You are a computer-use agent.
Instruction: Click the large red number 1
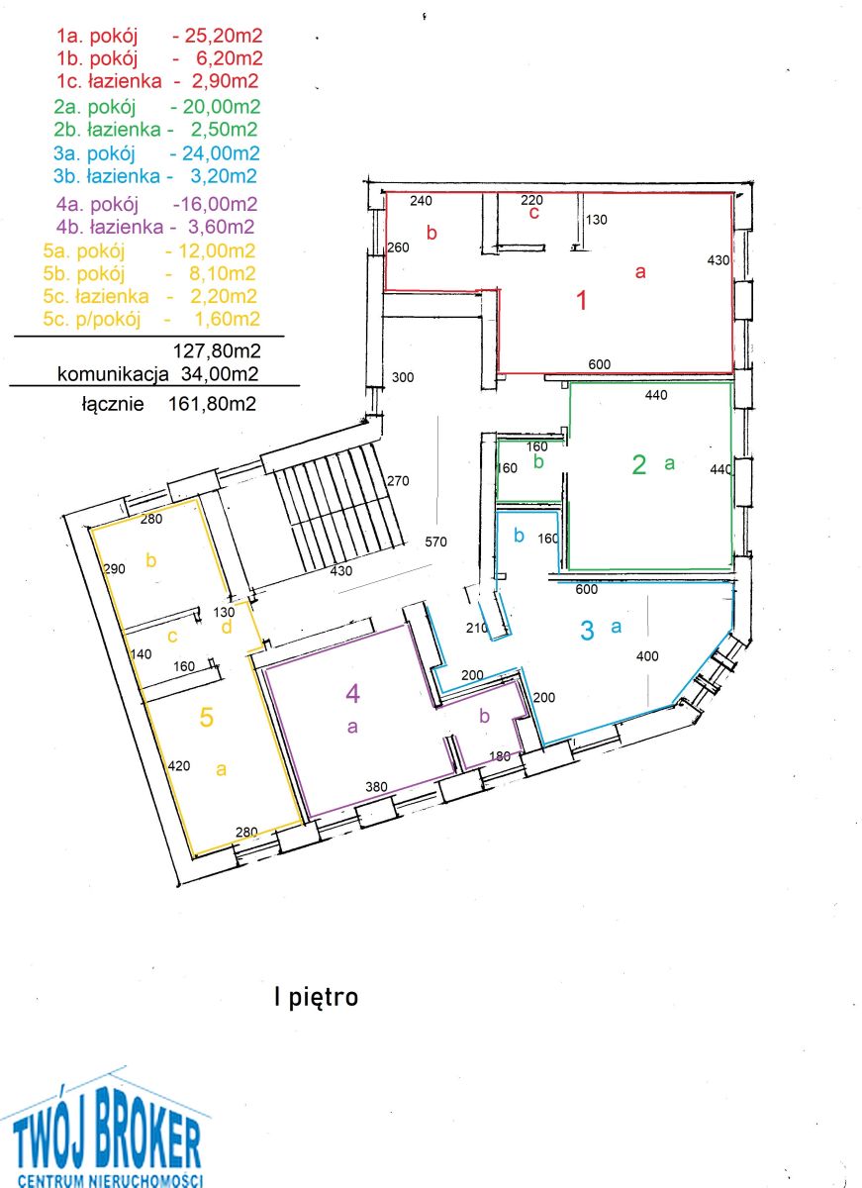(582, 300)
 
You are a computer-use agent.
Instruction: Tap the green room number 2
(639, 464)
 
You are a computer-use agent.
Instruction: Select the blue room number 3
(587, 630)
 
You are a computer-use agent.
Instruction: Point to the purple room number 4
(352, 693)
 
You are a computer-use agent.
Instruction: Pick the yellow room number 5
(206, 717)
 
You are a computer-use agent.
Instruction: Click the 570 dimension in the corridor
(435, 542)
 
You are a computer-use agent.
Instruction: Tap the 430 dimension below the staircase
(340, 570)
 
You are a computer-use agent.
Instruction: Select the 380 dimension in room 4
(376, 786)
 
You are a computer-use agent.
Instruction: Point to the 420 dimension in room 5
(179, 765)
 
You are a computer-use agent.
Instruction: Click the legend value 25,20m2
(224, 36)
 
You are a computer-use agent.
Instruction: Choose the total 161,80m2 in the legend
(212, 404)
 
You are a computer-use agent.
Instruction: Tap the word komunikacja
(113, 374)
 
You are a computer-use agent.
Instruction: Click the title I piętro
(317, 997)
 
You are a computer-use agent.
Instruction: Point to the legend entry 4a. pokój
(97, 204)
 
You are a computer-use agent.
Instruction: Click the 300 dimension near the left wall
(403, 377)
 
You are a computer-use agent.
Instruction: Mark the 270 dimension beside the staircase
(398, 480)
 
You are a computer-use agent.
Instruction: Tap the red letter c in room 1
(533, 213)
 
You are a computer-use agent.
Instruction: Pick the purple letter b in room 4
(484, 716)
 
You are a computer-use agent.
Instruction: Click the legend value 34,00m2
(220, 374)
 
